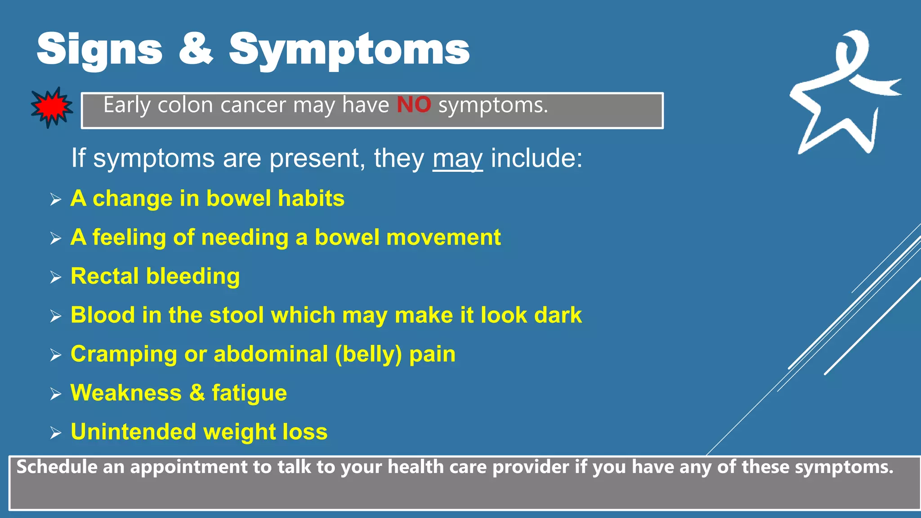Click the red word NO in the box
pyautogui.click(x=414, y=105)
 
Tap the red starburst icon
pyautogui.click(x=52, y=107)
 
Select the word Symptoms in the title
pyautogui.click(x=349, y=49)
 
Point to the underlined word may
pyautogui.click(x=457, y=159)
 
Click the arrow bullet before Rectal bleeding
pyautogui.click(x=56, y=277)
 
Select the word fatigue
pyautogui.click(x=249, y=393)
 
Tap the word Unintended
pyautogui.click(x=134, y=432)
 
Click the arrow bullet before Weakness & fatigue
pyautogui.click(x=56, y=394)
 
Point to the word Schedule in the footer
pyautogui.click(x=57, y=467)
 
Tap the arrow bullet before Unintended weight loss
pyautogui.click(x=56, y=433)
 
